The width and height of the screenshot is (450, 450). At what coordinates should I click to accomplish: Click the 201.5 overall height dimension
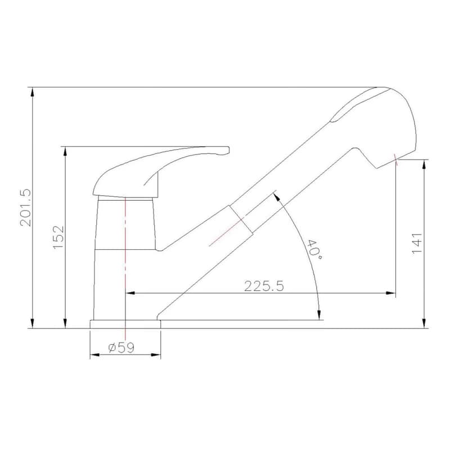click(x=25, y=208)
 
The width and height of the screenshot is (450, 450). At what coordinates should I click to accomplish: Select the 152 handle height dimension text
click(x=58, y=237)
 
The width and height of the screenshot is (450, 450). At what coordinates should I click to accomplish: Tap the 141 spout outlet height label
click(x=417, y=244)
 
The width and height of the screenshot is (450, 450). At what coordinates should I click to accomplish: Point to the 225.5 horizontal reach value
click(x=264, y=286)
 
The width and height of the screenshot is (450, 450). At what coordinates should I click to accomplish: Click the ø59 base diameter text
click(x=121, y=348)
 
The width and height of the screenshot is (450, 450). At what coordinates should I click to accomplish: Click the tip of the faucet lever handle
click(x=228, y=150)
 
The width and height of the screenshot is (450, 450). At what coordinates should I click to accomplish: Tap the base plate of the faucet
click(x=125, y=324)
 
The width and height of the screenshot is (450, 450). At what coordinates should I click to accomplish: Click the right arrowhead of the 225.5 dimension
click(x=391, y=293)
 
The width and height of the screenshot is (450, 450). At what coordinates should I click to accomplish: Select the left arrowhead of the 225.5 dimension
click(x=130, y=293)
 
